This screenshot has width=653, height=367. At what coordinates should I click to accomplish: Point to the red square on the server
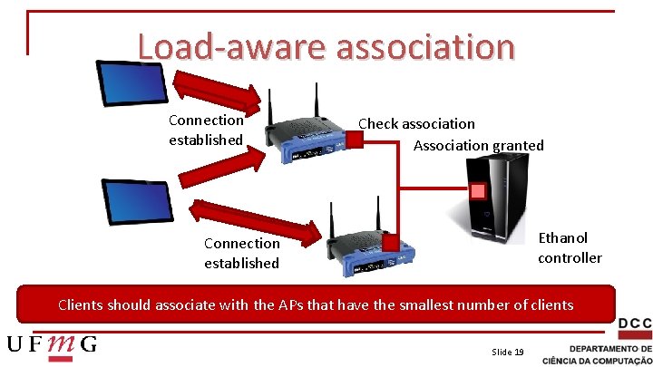click(477, 191)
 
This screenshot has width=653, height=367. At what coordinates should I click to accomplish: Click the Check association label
click(416, 123)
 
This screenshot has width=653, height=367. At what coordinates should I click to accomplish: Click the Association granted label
click(478, 145)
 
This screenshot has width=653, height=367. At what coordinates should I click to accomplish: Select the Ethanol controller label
click(569, 247)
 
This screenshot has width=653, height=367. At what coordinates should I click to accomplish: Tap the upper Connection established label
click(206, 130)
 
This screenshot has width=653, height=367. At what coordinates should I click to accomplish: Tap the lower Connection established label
click(241, 253)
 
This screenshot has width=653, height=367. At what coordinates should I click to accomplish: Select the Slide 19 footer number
click(507, 352)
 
